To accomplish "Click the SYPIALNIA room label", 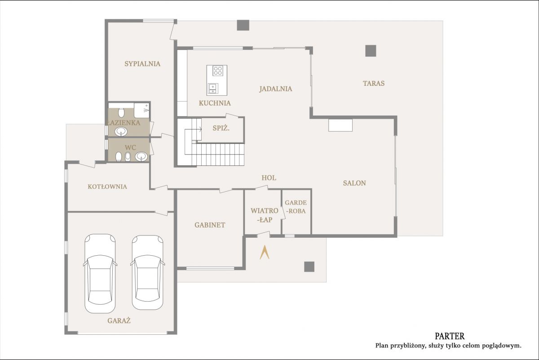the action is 142,64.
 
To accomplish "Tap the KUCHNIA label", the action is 215,103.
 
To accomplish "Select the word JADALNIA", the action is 276,89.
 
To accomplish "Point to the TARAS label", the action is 374,84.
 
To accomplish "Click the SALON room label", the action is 354,183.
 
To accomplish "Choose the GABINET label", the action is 210,225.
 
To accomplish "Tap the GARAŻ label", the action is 119,320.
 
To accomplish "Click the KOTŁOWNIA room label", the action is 107,187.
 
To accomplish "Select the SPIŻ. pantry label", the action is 221,128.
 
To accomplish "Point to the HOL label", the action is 269,178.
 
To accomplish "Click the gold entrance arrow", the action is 265,252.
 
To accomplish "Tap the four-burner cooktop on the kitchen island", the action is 218,71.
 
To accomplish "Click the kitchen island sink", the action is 213,88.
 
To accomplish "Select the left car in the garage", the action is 100,273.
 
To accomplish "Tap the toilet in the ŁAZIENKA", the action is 121,112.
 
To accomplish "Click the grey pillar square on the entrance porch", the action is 309,267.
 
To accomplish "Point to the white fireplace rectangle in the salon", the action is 340,125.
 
